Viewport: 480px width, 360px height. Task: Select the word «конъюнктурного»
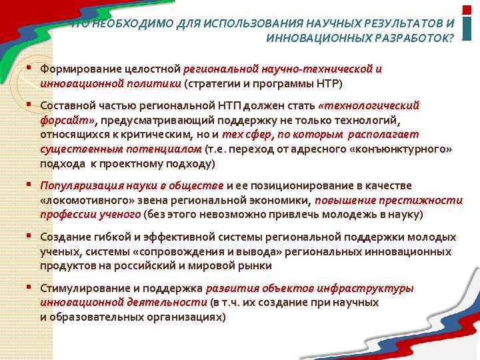coord(401,149)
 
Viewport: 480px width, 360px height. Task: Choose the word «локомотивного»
coord(83,200)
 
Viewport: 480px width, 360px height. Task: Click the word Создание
coord(62,237)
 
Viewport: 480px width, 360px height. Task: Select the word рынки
coord(256,266)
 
